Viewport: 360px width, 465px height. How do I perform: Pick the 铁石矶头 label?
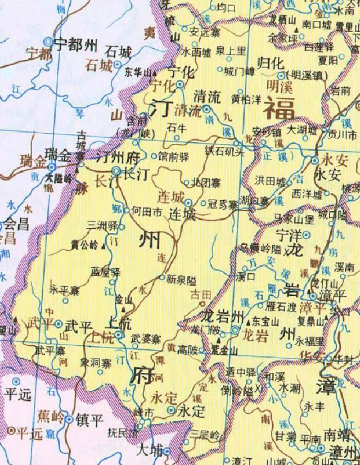pos(224,151)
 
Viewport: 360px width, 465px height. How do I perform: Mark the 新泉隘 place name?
pos(182,278)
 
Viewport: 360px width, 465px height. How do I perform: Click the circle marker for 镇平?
pos(69,419)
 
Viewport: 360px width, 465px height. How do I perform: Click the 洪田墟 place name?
pos(271,181)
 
